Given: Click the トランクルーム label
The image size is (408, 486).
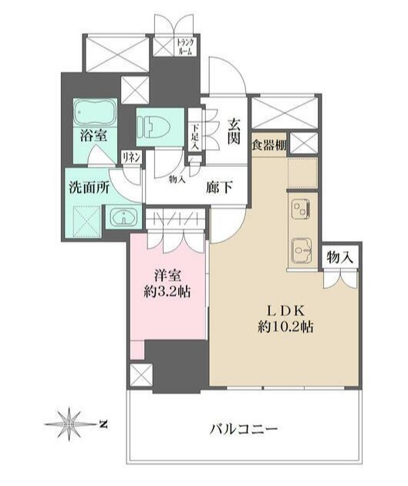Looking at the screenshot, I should [x=185, y=46].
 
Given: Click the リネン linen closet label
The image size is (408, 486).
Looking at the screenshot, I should [x=130, y=156].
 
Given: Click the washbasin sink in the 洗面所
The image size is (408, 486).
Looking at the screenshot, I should [x=123, y=218].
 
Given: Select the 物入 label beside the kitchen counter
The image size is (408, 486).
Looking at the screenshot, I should [x=339, y=258].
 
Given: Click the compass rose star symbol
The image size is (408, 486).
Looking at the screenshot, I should [x=69, y=423].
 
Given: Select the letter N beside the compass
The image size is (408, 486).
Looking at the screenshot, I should [x=103, y=423].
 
